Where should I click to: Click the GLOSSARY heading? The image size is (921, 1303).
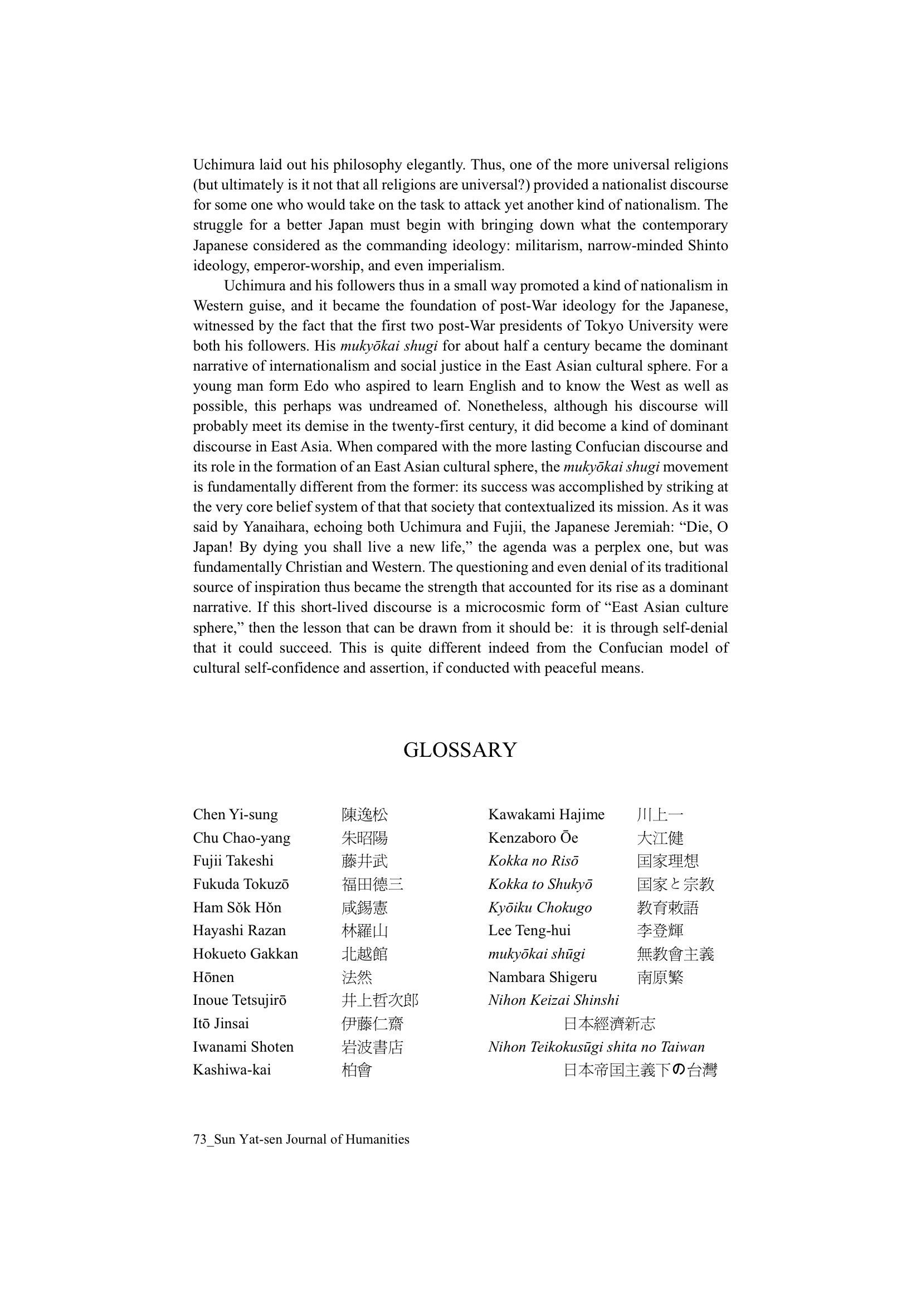[460, 750]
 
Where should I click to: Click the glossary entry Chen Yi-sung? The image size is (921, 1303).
[235, 815]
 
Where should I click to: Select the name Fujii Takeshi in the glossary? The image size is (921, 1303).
[233, 862]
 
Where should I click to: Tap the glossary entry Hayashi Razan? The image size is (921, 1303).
[239, 931]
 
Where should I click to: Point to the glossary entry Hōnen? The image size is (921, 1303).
[213, 978]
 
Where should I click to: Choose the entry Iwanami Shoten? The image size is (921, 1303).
[243, 1047]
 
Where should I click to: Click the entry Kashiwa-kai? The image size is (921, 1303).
[232, 1070]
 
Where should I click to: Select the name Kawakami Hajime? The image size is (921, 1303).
[546, 815]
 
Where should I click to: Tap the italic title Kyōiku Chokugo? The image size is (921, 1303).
[540, 908]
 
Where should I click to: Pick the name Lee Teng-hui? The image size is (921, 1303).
[529, 931]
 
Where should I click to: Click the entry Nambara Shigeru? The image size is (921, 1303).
[542, 978]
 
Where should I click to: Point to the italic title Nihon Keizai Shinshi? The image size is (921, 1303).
[553, 1000]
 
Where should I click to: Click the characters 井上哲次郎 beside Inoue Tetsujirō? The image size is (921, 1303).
[379, 1000]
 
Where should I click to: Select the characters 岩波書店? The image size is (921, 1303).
[372, 1047]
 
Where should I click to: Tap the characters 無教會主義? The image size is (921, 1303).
[675, 954]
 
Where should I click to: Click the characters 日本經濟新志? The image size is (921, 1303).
[609, 1024]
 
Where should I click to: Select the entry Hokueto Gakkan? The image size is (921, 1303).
[245, 954]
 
